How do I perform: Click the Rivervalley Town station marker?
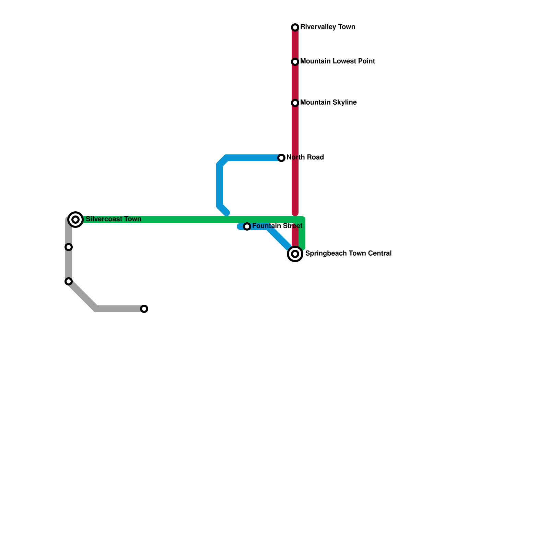tap(295, 27)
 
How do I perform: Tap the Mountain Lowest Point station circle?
tap(295, 62)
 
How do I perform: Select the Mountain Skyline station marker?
tap(295, 103)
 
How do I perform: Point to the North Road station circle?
tap(281, 158)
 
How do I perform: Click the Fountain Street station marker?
tap(247, 226)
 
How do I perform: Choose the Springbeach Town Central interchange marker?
tap(295, 254)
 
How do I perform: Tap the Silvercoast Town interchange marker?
tap(76, 219)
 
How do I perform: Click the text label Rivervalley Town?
tap(327, 27)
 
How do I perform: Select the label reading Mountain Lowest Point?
tap(337, 61)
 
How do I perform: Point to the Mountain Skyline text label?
tap(328, 103)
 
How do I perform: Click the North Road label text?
tap(305, 157)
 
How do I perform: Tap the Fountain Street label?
tap(277, 226)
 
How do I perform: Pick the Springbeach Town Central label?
tap(348, 254)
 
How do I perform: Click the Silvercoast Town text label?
tap(113, 219)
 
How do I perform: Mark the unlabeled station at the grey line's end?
tap(144, 309)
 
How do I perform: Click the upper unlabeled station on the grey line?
tap(69, 247)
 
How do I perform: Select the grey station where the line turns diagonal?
tap(69, 281)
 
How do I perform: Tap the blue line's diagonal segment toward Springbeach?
tap(279, 237)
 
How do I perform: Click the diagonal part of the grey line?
tap(82, 295)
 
